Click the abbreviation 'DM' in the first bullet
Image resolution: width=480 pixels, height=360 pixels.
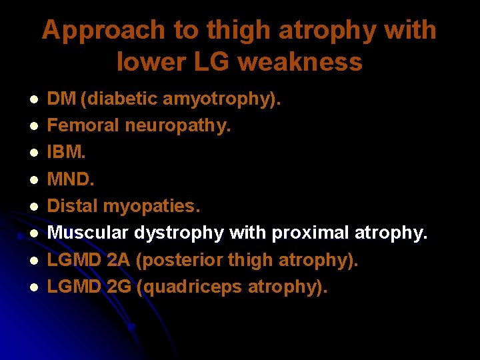click(62, 99)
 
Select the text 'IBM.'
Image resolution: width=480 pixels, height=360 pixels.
click(67, 153)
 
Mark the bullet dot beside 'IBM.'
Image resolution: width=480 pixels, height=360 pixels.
click(31, 154)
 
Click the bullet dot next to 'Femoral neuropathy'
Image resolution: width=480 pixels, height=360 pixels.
click(31, 127)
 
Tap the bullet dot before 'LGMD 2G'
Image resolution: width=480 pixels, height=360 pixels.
click(31, 288)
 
